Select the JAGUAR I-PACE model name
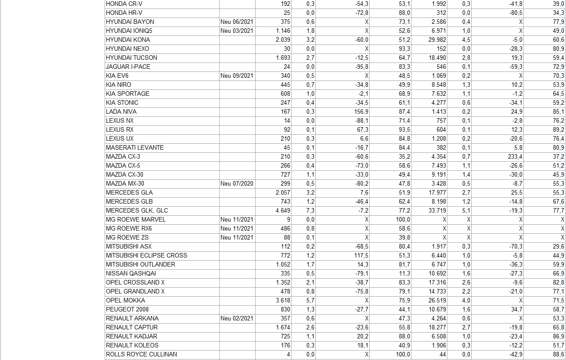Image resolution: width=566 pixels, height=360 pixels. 128,67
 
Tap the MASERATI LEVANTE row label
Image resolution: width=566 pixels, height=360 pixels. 135,147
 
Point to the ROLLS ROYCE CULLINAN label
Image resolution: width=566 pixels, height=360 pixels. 141,354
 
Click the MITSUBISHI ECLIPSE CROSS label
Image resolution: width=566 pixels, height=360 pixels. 146,255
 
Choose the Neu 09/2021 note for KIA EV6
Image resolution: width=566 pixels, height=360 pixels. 237,76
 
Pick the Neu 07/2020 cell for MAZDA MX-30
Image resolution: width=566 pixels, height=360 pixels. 237,183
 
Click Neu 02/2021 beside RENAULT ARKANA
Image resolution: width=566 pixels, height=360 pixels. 237,318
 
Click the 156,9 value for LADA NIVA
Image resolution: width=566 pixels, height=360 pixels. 361,111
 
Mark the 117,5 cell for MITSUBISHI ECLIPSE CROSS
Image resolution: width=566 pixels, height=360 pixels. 361,255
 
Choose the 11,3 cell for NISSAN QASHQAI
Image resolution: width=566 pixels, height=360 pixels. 404,273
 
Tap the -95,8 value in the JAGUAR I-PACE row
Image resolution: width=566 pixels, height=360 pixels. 361,67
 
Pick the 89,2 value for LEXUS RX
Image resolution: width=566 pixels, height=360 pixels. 558,129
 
